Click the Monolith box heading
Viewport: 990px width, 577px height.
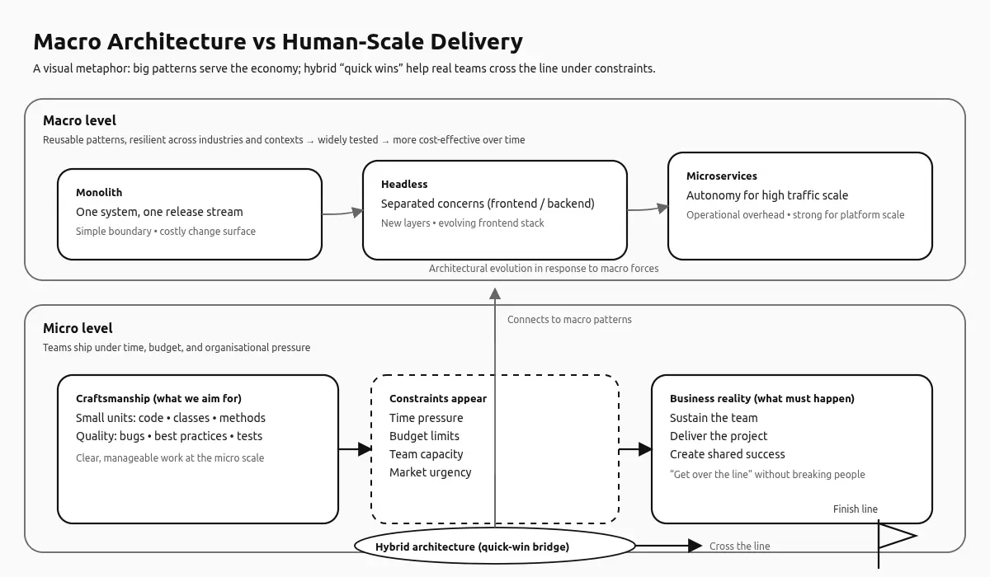pos(99,193)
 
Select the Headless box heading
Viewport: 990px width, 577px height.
pos(404,185)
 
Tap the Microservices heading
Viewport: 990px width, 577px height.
pos(721,176)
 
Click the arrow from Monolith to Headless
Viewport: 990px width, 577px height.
pos(342,213)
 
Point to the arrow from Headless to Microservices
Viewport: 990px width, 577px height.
pos(648,209)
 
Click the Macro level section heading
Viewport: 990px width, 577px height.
pos(79,121)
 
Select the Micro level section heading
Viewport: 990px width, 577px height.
pos(78,328)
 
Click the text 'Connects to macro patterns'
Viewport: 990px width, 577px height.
pos(569,320)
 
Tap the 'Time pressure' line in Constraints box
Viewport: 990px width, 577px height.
pos(426,418)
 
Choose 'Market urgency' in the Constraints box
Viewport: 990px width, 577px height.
pos(430,472)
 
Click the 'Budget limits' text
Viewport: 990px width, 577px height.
pos(424,436)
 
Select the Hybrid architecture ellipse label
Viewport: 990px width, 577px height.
pos(472,547)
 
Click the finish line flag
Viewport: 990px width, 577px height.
pos(896,537)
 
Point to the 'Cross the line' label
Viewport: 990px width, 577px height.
pos(739,547)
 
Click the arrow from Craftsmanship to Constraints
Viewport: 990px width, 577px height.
pos(356,449)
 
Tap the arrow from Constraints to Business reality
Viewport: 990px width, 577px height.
pos(635,449)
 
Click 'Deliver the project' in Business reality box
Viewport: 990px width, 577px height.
pos(718,436)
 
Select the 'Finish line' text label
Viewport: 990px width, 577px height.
pos(855,509)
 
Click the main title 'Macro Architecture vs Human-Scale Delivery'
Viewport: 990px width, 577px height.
pos(278,42)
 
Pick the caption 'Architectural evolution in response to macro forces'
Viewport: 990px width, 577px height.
pos(543,269)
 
